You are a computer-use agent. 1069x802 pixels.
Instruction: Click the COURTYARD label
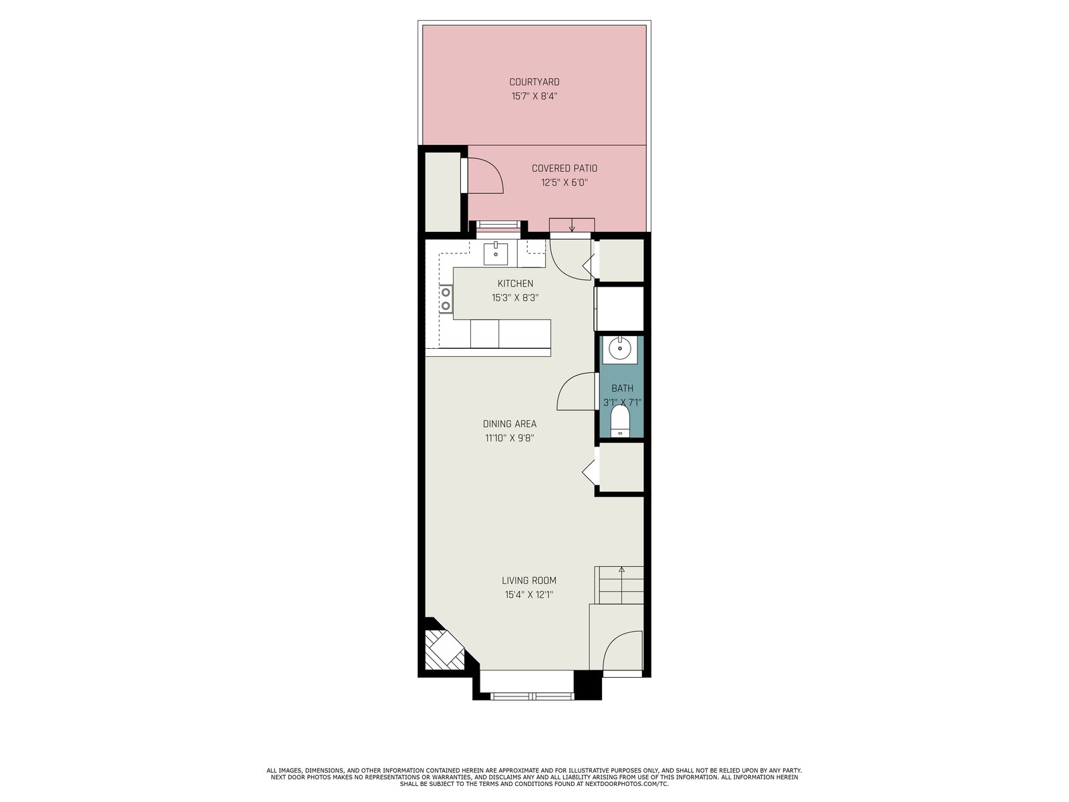click(x=534, y=82)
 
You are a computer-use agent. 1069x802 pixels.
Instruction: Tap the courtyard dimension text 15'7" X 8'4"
click(x=534, y=96)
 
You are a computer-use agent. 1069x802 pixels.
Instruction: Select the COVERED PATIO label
click(x=565, y=168)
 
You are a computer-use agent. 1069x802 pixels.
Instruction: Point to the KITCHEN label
click(x=515, y=283)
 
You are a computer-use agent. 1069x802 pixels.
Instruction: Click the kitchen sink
click(x=496, y=253)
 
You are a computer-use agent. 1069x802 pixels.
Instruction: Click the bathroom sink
click(x=619, y=349)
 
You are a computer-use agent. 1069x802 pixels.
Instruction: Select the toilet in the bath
click(x=620, y=421)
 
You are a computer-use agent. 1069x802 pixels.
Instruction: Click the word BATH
click(x=623, y=388)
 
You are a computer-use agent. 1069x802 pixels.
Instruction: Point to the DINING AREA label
click(x=509, y=424)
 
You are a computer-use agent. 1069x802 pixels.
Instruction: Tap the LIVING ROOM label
click(x=529, y=580)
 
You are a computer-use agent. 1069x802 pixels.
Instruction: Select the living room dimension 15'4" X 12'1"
click(x=529, y=595)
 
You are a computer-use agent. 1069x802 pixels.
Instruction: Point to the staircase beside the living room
click(x=619, y=585)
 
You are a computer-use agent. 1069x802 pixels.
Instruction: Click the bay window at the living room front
click(x=532, y=696)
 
